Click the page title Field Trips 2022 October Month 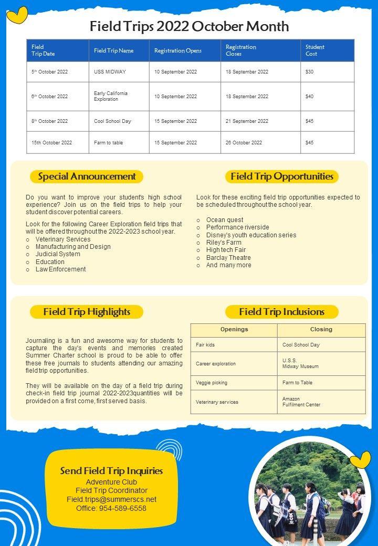pos(189,26)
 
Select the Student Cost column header pos(315,50)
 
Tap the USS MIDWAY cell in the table pos(110,72)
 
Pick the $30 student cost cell pos(310,72)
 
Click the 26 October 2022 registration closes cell pos(244,143)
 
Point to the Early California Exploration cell pos(111,96)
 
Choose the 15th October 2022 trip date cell pos(51,143)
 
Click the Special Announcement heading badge pos(87,176)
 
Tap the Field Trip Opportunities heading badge pos(282,176)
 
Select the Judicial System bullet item pos(58,254)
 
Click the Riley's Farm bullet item pos(224,243)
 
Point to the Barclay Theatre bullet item pos(228,258)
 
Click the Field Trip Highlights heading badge pos(87,312)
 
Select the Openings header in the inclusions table pos(234,330)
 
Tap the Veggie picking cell pos(212,383)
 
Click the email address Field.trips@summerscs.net pos(111,499)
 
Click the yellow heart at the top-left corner pos(17,14)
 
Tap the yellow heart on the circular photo pos(360,460)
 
